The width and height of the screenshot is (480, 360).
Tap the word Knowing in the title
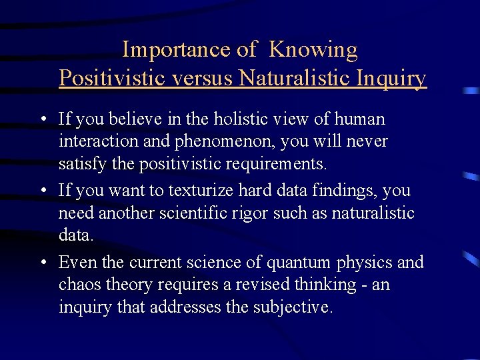click(313, 50)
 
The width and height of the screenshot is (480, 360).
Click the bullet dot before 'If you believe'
click(43, 120)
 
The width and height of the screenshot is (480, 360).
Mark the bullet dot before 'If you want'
click(43, 191)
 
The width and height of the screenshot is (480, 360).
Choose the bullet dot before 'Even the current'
click(43, 263)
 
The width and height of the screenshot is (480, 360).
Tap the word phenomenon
click(213, 142)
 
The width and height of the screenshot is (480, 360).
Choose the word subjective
click(293, 308)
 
